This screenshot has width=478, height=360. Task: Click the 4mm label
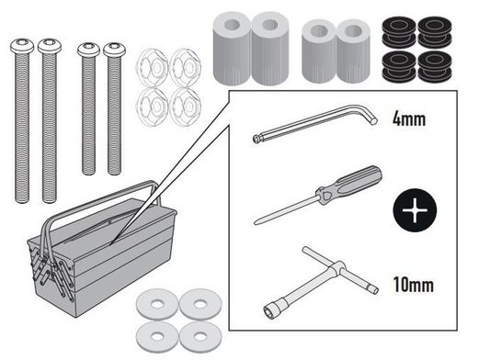411,119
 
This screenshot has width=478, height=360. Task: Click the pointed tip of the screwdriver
258,220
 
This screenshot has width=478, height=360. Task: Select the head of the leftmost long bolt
22,46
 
